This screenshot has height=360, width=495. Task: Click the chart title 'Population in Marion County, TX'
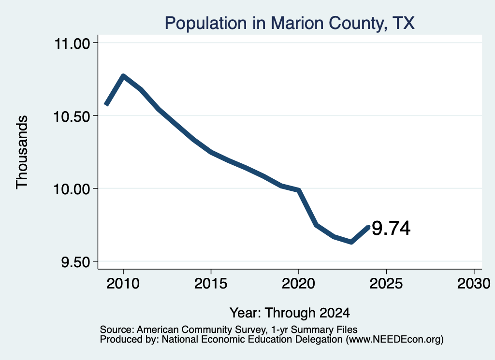pyautogui.click(x=290, y=23)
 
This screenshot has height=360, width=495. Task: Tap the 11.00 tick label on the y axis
pyautogui.click(x=73, y=43)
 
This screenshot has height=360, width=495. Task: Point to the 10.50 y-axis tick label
pyautogui.click(x=72, y=117)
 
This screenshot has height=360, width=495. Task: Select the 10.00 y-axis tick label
pyautogui.click(x=72, y=189)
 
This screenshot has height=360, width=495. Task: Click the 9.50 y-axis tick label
pyautogui.click(x=76, y=262)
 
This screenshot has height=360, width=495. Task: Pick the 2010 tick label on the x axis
pyautogui.click(x=123, y=284)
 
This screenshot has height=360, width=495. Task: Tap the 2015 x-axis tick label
pyautogui.click(x=211, y=284)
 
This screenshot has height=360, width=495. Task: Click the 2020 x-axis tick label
pyautogui.click(x=298, y=284)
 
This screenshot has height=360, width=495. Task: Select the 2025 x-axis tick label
pyautogui.click(x=386, y=284)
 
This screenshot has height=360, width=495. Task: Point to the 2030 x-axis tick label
pyautogui.click(x=474, y=284)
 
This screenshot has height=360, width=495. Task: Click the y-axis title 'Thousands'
pyautogui.click(x=22, y=152)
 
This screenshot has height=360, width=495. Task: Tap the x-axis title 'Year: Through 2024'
pyautogui.click(x=290, y=313)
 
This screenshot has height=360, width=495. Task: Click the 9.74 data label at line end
pyautogui.click(x=391, y=228)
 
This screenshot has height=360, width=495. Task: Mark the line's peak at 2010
pyautogui.click(x=123, y=76)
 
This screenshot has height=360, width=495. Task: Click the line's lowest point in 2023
pyautogui.click(x=351, y=242)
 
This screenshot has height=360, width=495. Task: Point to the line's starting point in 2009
pyautogui.click(x=106, y=104)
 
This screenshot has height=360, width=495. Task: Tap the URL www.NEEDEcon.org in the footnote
pyautogui.click(x=395, y=340)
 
